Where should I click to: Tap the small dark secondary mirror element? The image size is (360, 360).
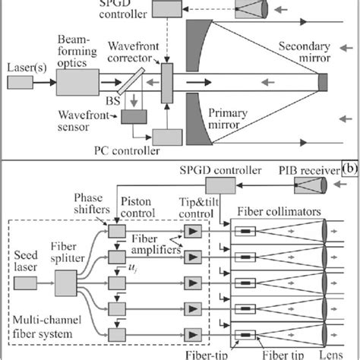click(324, 80)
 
